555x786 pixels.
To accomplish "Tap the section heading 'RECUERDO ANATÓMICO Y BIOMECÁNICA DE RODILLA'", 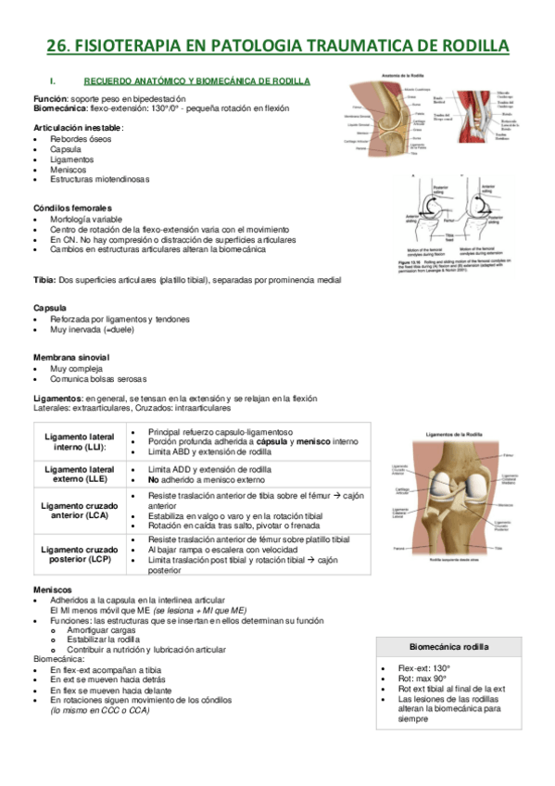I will [x=196, y=81].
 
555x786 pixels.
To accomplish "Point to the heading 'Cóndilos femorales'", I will [x=72, y=208].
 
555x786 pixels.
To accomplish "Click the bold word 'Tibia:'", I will [x=44, y=279].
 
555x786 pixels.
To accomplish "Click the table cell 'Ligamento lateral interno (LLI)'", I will [x=78, y=442].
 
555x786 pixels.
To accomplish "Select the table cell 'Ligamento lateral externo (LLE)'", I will [x=78, y=475].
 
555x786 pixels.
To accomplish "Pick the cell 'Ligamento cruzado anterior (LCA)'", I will [x=78, y=512].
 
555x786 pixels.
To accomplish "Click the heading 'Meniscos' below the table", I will [x=52, y=589].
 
